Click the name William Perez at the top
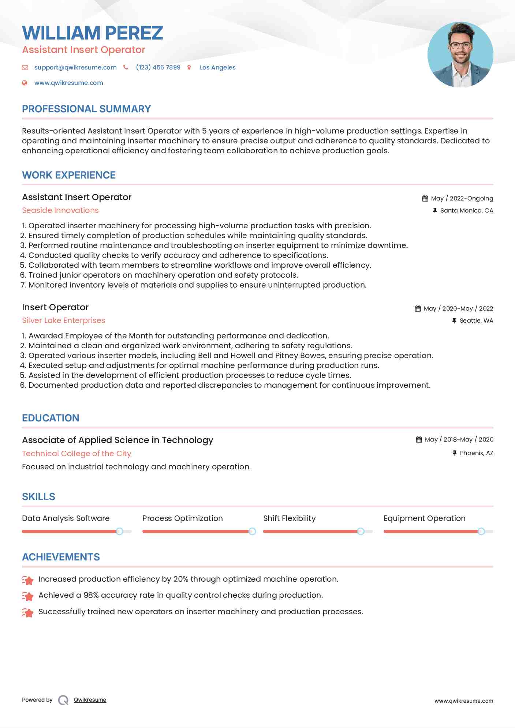click(x=92, y=33)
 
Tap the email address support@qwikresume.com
click(x=75, y=67)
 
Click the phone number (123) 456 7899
click(x=158, y=67)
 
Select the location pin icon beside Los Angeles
click(x=189, y=67)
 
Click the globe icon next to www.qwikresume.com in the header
click(x=25, y=83)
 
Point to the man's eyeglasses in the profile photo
click(x=460, y=46)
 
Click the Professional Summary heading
click(x=86, y=109)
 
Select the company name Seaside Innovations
click(x=60, y=210)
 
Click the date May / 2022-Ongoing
click(x=462, y=198)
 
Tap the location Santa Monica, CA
click(x=466, y=210)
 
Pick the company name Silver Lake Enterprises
click(x=63, y=320)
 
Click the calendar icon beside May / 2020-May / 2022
click(x=418, y=308)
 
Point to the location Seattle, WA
click(x=476, y=320)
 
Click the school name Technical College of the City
click(x=76, y=454)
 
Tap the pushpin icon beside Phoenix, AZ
click(x=454, y=453)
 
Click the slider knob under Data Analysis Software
click(x=119, y=531)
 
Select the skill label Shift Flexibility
click(x=289, y=518)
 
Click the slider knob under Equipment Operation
click(x=481, y=531)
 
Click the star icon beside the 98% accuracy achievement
click(x=27, y=596)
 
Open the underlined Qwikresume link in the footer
click(x=90, y=700)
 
